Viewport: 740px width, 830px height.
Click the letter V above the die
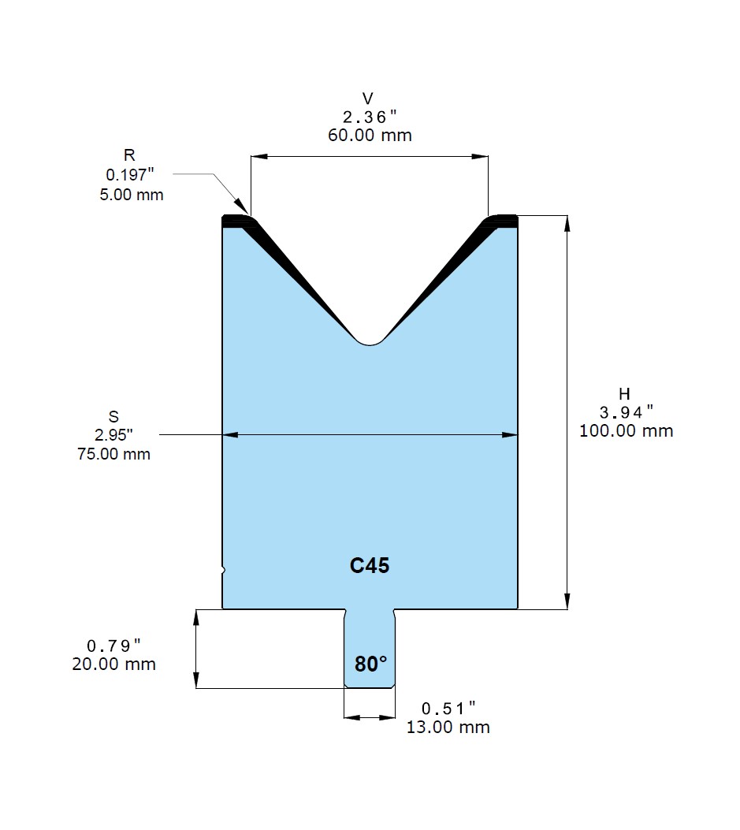point(368,99)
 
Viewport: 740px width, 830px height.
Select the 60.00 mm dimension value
point(370,136)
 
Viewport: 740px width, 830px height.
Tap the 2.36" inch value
point(370,117)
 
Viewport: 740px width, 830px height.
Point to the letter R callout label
point(129,155)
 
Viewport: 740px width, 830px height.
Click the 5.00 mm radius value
point(132,195)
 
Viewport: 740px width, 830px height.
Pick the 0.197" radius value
point(130,175)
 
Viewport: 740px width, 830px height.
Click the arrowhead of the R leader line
point(241,207)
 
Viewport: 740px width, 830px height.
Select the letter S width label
point(113,417)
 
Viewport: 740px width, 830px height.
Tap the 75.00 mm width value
point(113,454)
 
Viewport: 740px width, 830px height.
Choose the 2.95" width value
point(113,435)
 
